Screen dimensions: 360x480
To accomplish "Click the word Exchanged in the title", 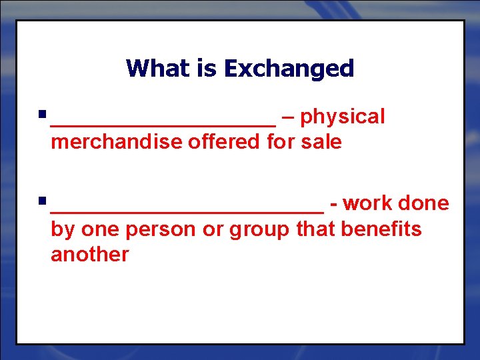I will click(x=289, y=68).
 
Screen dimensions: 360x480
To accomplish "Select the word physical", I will click(x=343, y=117).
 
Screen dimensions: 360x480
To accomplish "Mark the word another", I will click(x=89, y=254).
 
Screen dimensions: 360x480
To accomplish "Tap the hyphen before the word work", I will click(x=333, y=204).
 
